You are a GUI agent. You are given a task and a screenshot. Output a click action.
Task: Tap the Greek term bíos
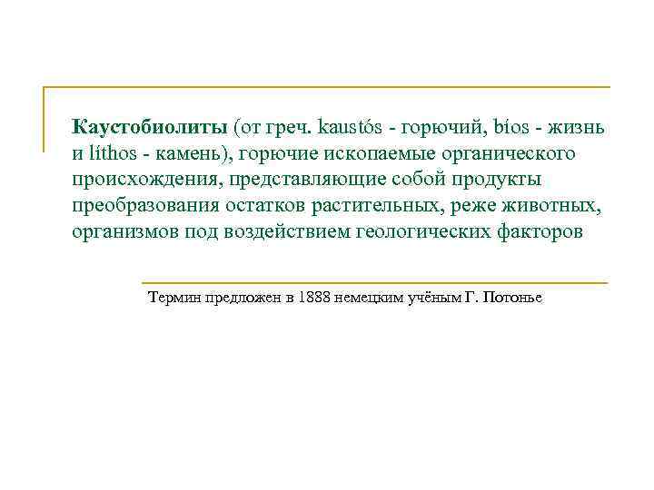click(x=484, y=126)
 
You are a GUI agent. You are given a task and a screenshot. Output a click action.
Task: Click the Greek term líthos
click(x=114, y=152)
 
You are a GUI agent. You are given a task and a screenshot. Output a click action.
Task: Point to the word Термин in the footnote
click(x=174, y=298)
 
